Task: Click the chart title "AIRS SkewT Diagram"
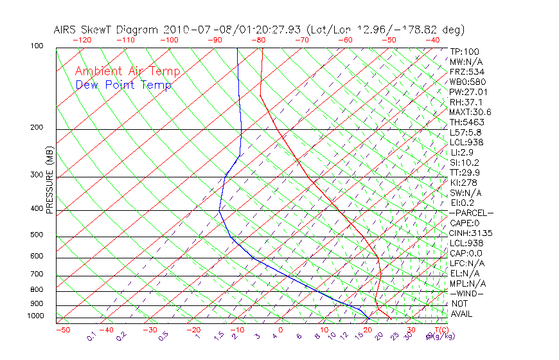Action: (107, 30)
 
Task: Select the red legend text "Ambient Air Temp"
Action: (127, 72)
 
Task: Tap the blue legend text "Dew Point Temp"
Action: (123, 85)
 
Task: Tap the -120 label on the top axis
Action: (82, 40)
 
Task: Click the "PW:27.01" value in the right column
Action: (468, 92)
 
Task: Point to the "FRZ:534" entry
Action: (466, 72)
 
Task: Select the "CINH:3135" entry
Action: (470, 233)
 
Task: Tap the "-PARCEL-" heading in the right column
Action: (471, 213)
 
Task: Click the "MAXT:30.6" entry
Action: (470, 112)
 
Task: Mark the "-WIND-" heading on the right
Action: (466, 293)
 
